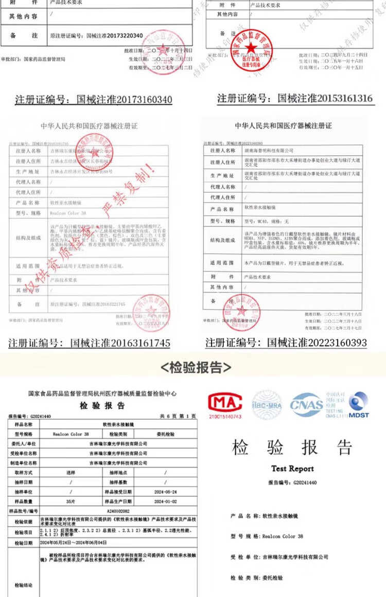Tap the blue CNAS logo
click(307, 404)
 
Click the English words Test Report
click(292, 468)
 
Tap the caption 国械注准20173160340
click(94, 99)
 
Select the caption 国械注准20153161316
click(294, 98)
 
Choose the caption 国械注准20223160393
click(286, 342)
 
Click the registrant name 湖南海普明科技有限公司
click(268, 151)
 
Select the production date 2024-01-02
click(165, 501)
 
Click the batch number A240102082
click(118, 511)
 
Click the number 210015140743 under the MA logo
click(224, 416)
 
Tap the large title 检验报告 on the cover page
click(292, 447)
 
